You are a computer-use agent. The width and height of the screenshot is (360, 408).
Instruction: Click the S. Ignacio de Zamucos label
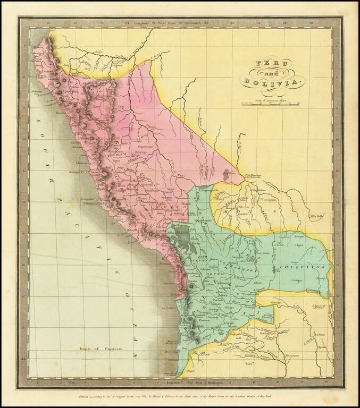tap(319, 308)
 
